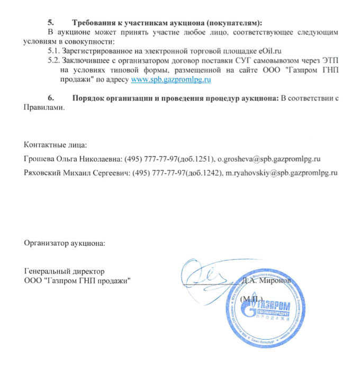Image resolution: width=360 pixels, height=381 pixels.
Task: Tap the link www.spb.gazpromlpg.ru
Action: [172, 80]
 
